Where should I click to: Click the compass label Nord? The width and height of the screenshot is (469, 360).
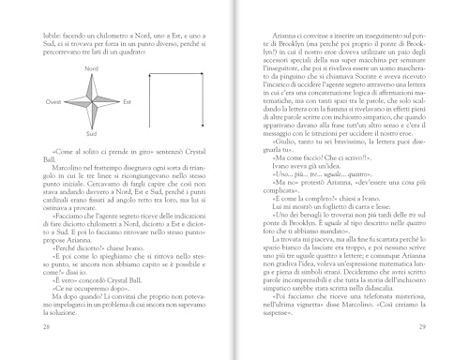click(92, 70)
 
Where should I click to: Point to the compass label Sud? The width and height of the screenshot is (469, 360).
click(92, 135)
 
